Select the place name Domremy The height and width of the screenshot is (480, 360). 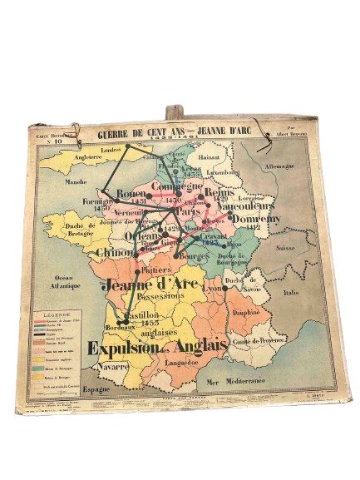click(255, 218)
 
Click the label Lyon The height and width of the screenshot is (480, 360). click(211, 288)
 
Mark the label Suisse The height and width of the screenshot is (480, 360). click(285, 248)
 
